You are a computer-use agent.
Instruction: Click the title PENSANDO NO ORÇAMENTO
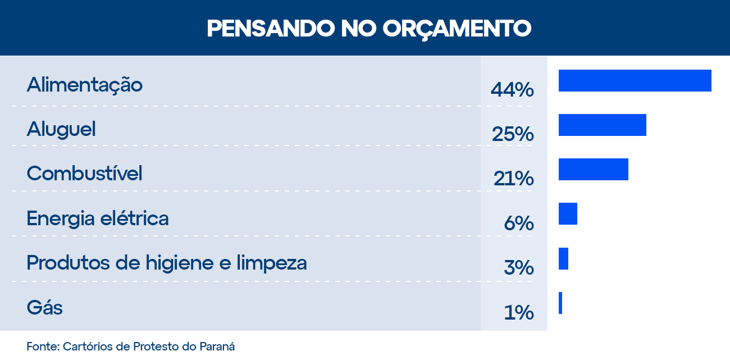pyautogui.click(x=369, y=28)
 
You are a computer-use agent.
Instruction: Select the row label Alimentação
pyautogui.click(x=85, y=85)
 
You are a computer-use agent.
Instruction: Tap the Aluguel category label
pyautogui.click(x=61, y=129)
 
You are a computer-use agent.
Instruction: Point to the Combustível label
pyautogui.click(x=84, y=173)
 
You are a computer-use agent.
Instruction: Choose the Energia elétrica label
pyautogui.click(x=98, y=218)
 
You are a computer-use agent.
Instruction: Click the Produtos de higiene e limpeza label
pyautogui.click(x=167, y=262)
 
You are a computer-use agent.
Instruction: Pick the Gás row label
pyautogui.click(x=45, y=308)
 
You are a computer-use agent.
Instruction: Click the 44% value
pyautogui.click(x=512, y=90)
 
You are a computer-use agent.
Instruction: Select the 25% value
pyautogui.click(x=512, y=134)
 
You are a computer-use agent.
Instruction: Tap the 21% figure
pyautogui.click(x=513, y=179)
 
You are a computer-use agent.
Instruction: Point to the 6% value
pyautogui.click(x=519, y=224)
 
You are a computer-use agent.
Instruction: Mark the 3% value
pyautogui.click(x=519, y=268)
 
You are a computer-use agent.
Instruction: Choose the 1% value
pyautogui.click(x=519, y=312)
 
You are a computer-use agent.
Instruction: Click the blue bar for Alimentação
pyautogui.click(x=635, y=80)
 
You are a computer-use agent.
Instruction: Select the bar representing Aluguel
pyautogui.click(x=602, y=125)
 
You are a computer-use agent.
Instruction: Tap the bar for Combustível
pyautogui.click(x=593, y=169)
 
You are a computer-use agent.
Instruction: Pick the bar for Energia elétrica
pyautogui.click(x=568, y=214)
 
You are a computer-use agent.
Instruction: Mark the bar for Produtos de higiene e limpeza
pyautogui.click(x=563, y=258)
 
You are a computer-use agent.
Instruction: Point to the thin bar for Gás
pyautogui.click(x=560, y=303)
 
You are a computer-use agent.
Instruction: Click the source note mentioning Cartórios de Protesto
pyautogui.click(x=130, y=346)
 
